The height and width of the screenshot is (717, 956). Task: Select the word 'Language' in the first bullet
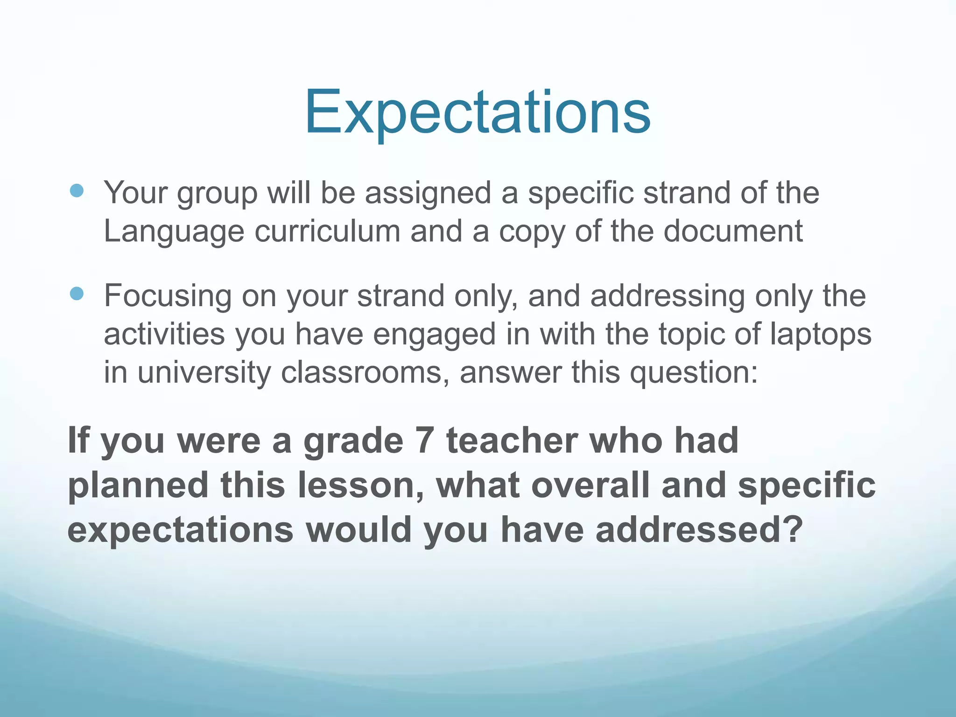pyautogui.click(x=174, y=232)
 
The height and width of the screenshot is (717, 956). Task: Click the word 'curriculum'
pyautogui.click(x=327, y=232)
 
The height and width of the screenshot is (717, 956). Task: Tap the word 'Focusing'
pyautogui.click(x=168, y=296)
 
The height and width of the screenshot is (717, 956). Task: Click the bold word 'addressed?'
pyautogui.click(x=698, y=530)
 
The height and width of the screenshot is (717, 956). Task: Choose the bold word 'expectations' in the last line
pyautogui.click(x=180, y=531)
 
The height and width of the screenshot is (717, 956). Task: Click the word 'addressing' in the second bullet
pyautogui.click(x=667, y=296)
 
